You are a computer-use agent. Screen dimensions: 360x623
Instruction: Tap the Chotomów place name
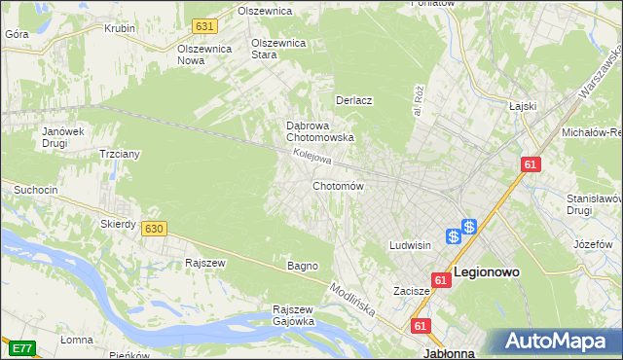pyautogui.click(x=338, y=186)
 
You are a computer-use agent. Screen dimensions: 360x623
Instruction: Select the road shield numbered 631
pyautogui.click(x=203, y=26)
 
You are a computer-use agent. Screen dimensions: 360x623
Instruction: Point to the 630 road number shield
pyautogui.click(x=153, y=228)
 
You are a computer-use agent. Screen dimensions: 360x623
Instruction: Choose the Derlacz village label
pyautogui.click(x=355, y=100)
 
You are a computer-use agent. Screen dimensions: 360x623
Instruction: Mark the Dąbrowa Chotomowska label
pyautogui.click(x=319, y=131)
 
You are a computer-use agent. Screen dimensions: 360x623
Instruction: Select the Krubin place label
pyautogui.click(x=120, y=28)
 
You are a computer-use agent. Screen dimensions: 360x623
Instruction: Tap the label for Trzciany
pyautogui.click(x=122, y=154)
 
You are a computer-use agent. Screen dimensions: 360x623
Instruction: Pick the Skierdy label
pyautogui.click(x=118, y=224)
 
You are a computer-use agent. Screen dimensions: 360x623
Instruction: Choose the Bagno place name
pyautogui.click(x=302, y=266)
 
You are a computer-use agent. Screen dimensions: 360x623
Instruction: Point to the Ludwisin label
pyautogui.click(x=410, y=245)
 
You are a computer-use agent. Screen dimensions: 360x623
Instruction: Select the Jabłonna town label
pyautogui.click(x=449, y=353)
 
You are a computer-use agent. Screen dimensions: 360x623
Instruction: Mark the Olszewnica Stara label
pyautogui.click(x=279, y=49)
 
